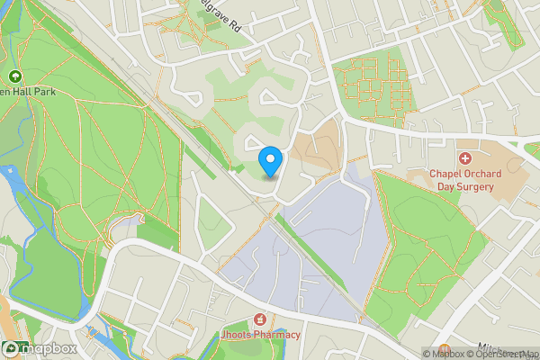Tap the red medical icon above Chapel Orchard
pos(465,158)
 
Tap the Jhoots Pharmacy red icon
pos(260,319)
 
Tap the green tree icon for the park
pos(15,76)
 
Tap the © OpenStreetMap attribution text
pos(511,354)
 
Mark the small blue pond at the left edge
pos(10,171)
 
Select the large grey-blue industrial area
pos(315,252)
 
